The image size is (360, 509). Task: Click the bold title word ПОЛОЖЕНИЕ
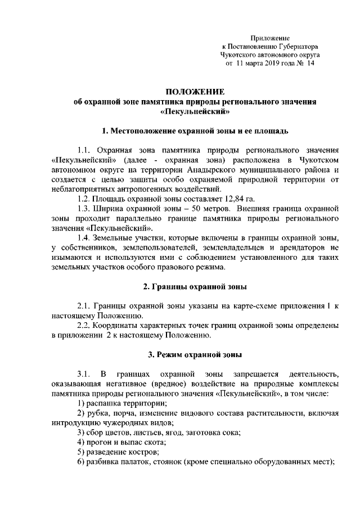click(195, 91)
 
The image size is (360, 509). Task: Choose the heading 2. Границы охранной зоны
click(195, 287)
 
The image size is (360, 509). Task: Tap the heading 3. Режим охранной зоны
click(195, 354)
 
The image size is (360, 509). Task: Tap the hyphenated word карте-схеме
click(266, 307)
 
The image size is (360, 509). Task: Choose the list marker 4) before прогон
click(80, 443)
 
